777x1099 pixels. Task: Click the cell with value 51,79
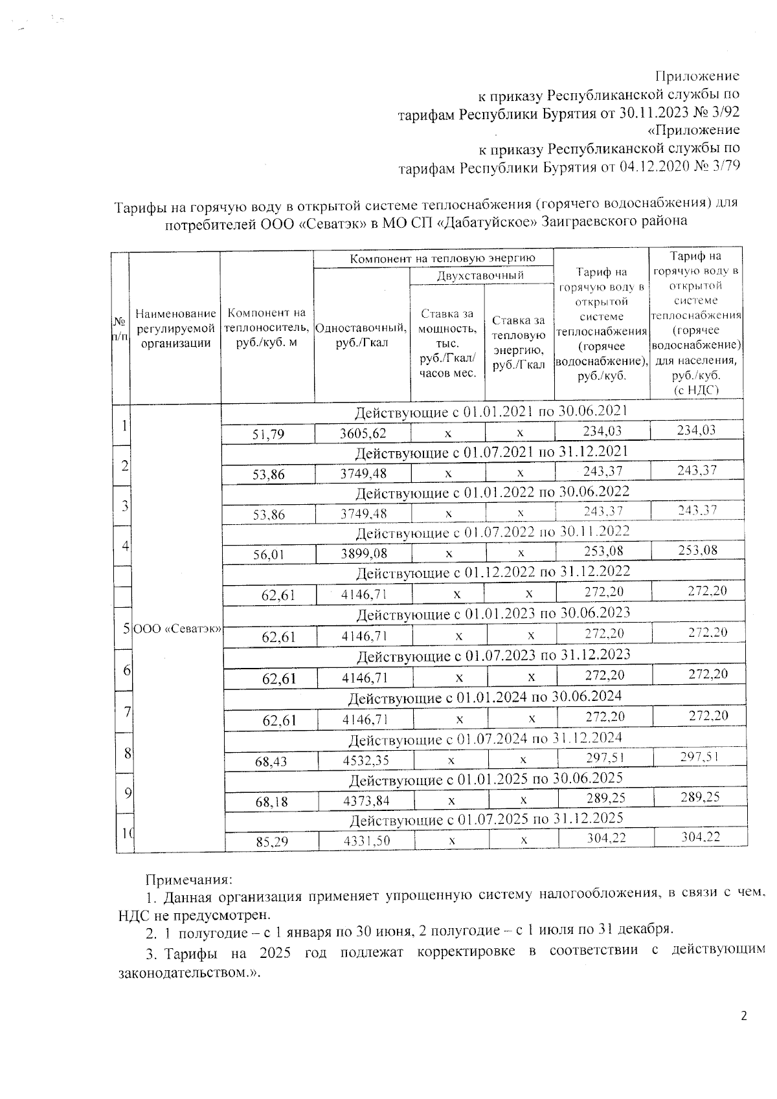[268, 434]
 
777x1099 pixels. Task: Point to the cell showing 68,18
[271, 802]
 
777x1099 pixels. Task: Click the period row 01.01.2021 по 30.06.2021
[491, 412]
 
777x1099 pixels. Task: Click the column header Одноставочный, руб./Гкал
[361, 335]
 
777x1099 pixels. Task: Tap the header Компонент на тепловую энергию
[433, 258]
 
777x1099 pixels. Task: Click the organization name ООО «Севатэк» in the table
[176, 629]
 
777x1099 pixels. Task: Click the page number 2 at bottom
[743, 1016]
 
